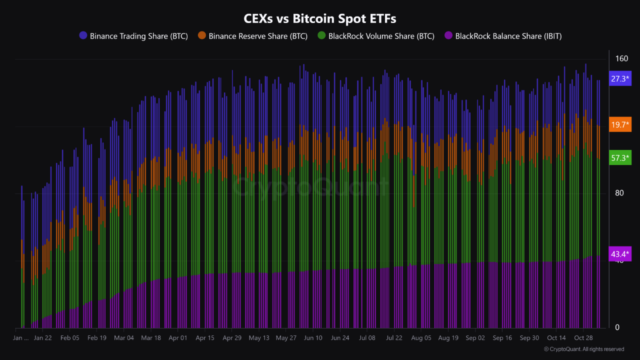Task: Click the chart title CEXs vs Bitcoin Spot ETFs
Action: (319, 19)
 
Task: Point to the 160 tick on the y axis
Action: (621, 58)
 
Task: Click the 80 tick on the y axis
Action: (619, 193)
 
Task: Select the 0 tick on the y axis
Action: (617, 327)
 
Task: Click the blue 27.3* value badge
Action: (620, 78)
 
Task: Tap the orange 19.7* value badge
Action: (620, 124)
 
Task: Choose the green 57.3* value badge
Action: (620, 158)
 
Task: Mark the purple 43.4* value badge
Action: (620, 254)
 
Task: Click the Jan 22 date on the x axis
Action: (42, 338)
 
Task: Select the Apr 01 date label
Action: (178, 338)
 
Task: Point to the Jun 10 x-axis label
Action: (313, 338)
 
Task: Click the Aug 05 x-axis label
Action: (421, 338)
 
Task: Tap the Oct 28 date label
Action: (583, 338)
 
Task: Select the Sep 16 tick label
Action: (502, 338)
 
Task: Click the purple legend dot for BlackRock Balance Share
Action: (448, 35)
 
